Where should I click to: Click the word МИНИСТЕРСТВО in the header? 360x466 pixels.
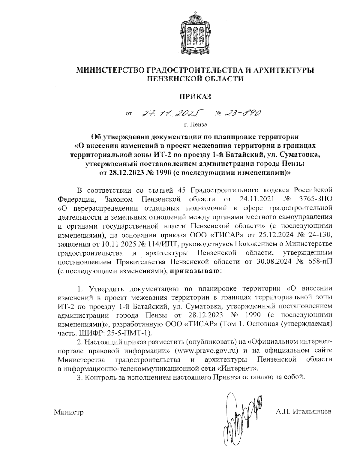110,70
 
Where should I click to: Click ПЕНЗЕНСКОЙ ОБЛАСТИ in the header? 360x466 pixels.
195,79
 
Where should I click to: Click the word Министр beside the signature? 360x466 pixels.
68,412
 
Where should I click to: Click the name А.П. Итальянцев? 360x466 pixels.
304,411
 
